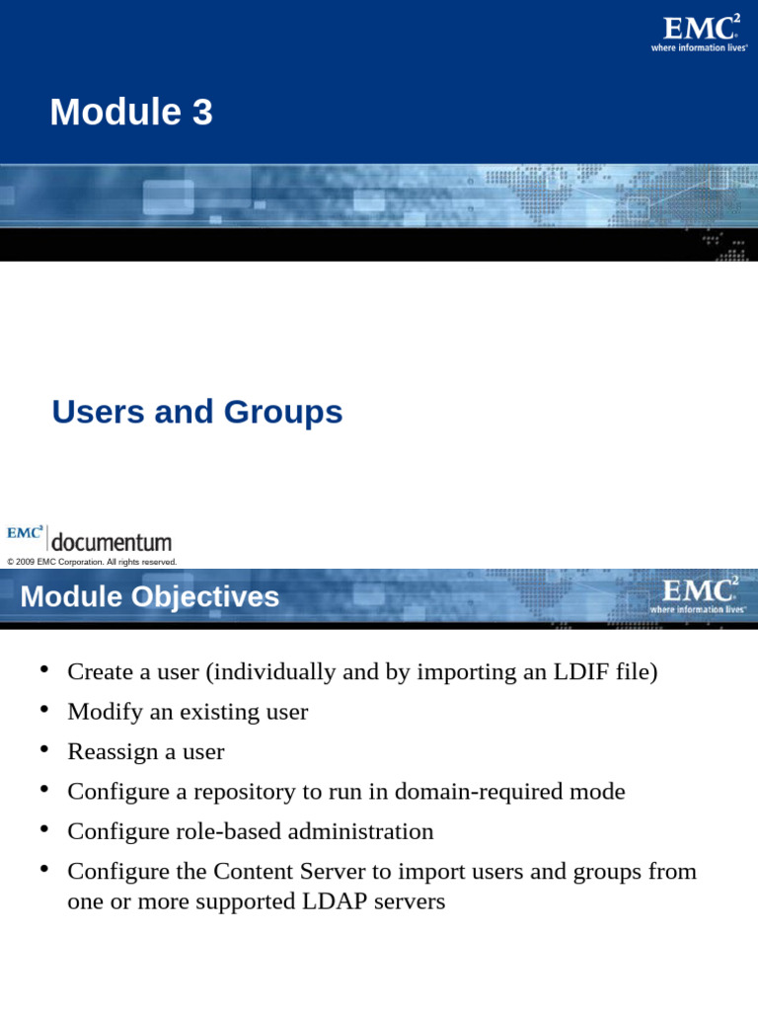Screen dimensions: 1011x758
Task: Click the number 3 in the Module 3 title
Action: pos(201,113)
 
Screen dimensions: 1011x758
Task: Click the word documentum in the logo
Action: pos(111,542)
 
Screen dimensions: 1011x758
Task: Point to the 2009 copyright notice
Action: pos(92,562)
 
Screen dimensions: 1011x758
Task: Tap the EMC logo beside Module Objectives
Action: pos(699,592)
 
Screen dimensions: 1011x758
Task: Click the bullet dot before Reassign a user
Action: pos(43,750)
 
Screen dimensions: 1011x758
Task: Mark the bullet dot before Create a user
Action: pos(43,670)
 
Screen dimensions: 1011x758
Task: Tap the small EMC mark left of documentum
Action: pos(25,533)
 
